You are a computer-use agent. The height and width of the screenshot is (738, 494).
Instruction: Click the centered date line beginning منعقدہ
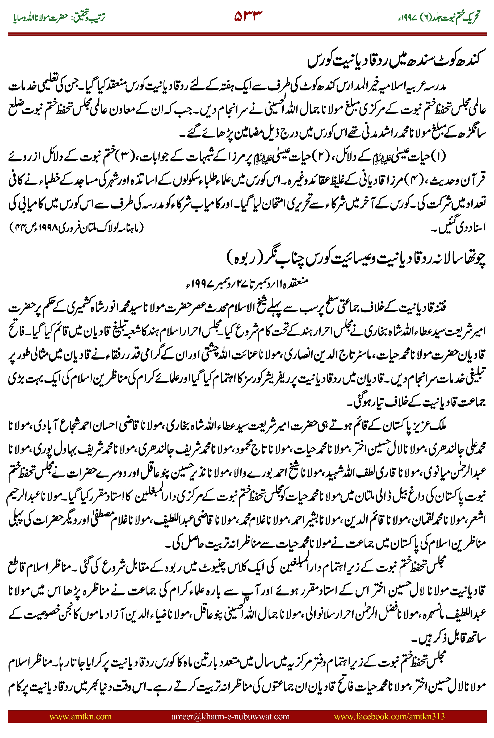coord(247,283)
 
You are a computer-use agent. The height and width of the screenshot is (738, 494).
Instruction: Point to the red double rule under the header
coord(247,34)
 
